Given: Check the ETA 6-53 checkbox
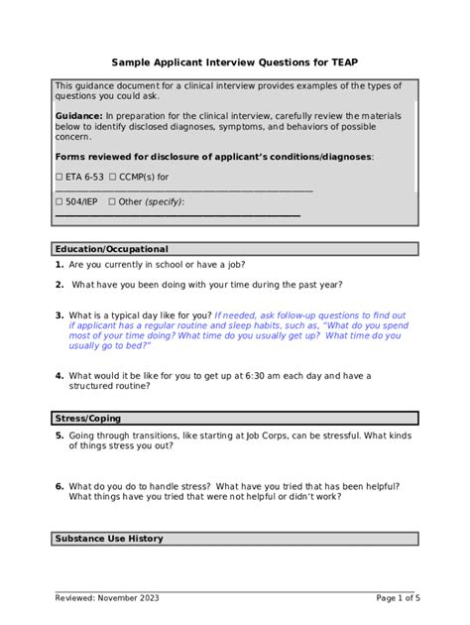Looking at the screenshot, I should (x=59, y=178).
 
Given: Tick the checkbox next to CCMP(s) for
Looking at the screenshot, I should (x=111, y=178).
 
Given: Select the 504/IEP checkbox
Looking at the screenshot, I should (x=59, y=201).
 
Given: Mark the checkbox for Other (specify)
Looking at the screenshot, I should (x=111, y=201).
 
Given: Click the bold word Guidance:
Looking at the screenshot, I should (x=79, y=116).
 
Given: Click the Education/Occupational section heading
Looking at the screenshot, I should (x=111, y=249).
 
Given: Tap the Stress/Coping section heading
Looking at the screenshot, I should (x=88, y=420).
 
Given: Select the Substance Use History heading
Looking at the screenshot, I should (x=109, y=539).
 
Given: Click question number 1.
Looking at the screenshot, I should (x=59, y=265).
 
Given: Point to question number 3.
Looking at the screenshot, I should (x=59, y=315).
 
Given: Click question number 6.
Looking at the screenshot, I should (x=59, y=486).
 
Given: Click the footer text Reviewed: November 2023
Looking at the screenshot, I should (x=107, y=598).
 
